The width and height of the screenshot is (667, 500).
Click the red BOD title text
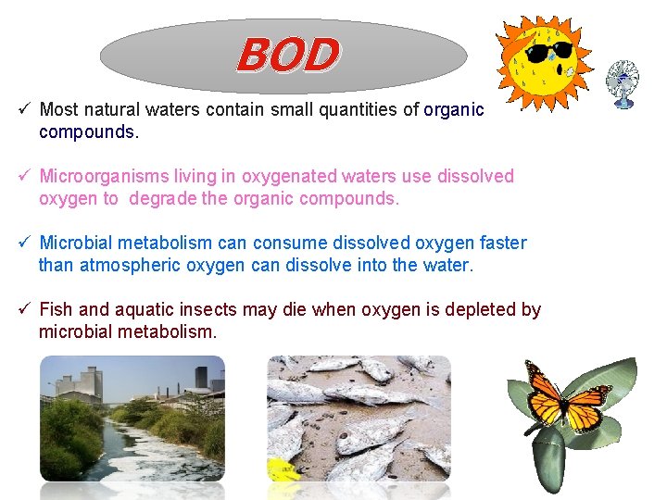tap(287, 56)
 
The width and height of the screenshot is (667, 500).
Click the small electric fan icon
tap(622, 82)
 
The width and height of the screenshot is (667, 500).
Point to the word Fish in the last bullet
tap(57, 310)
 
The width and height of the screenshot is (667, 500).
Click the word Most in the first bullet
tap(59, 110)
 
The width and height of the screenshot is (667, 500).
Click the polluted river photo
tap(132, 426)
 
